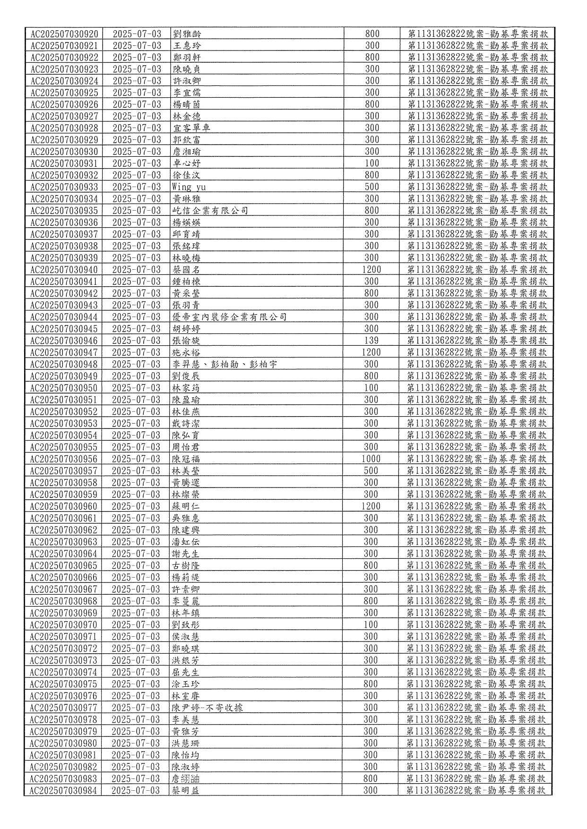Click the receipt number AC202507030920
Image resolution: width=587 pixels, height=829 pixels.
[x=65, y=34]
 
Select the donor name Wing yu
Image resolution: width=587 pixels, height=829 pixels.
[x=189, y=187]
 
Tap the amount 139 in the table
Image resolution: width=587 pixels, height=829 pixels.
[x=371, y=341]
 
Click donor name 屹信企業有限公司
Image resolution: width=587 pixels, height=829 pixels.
[x=210, y=211]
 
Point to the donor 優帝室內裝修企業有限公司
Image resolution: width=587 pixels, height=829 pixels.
[x=230, y=317]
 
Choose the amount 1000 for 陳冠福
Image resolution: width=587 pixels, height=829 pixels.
[x=371, y=459]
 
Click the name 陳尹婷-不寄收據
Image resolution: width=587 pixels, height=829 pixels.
[x=207, y=708]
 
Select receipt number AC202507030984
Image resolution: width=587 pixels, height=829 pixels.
[x=63, y=790]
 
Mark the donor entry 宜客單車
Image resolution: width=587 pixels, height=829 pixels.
[x=191, y=128]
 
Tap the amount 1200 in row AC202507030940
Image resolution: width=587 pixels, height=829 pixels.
[x=371, y=270]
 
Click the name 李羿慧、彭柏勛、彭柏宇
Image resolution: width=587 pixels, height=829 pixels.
[x=224, y=364]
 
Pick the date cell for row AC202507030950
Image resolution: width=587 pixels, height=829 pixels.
[x=136, y=388]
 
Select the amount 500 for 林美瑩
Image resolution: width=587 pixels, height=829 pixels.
[x=371, y=470]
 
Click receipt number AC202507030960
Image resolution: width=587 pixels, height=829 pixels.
[x=64, y=506]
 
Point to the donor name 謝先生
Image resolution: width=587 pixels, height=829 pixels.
[x=186, y=554]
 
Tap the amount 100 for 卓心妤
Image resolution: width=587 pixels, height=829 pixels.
[x=372, y=163]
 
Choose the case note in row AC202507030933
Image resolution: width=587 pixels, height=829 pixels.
[x=477, y=187]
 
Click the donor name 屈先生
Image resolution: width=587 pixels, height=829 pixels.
[x=186, y=672]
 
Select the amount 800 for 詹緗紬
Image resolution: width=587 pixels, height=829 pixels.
[x=371, y=778]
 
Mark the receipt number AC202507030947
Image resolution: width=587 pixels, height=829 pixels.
[x=64, y=352]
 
